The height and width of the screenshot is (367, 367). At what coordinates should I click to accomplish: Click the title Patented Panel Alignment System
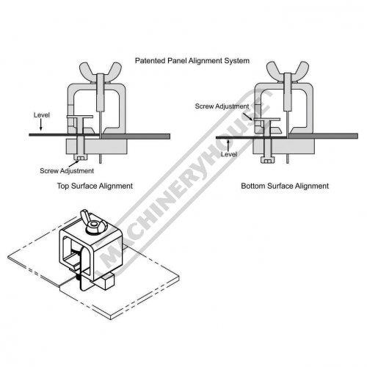[192, 61]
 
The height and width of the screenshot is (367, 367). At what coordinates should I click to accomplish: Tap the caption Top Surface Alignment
[95, 186]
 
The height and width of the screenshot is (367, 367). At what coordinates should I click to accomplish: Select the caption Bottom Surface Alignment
[285, 186]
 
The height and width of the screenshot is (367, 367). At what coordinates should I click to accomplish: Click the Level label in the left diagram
[42, 115]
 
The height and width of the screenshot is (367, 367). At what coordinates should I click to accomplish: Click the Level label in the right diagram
[229, 154]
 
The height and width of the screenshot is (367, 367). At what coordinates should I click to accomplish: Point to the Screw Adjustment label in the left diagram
[67, 171]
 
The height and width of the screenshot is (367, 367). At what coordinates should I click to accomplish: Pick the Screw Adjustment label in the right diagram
[222, 106]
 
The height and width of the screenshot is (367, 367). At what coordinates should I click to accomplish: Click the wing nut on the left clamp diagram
[101, 72]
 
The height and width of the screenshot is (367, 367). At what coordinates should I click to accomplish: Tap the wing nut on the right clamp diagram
[288, 71]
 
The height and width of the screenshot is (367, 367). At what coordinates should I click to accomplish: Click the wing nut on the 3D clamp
[94, 222]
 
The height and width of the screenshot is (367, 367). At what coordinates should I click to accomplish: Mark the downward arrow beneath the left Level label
[41, 125]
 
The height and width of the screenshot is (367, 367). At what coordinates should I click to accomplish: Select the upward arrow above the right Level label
[228, 145]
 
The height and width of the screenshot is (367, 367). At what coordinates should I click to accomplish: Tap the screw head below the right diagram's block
[268, 160]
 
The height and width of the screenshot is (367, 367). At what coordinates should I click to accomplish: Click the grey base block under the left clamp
[97, 146]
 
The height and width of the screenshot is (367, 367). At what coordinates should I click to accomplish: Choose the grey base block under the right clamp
[284, 147]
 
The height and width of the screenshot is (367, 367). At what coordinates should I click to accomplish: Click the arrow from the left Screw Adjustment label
[73, 163]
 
